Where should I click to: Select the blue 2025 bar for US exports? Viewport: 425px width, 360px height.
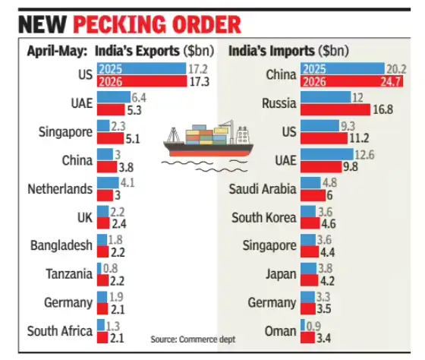[x=141, y=68]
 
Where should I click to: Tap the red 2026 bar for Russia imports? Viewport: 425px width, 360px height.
[x=335, y=109]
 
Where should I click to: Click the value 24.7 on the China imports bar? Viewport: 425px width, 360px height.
[x=390, y=81]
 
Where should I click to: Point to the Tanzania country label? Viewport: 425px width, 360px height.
[x=69, y=273]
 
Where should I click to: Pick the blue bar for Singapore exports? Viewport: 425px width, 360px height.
[x=103, y=126]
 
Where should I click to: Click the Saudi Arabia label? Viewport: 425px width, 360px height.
[x=263, y=189]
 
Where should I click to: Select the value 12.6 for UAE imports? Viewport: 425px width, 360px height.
[x=364, y=155]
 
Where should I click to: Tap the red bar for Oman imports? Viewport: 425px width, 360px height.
[x=307, y=337]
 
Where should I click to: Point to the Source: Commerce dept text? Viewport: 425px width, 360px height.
[x=193, y=339]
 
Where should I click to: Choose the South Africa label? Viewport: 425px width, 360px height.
[x=60, y=331]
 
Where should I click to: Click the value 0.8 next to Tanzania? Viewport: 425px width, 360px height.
[x=111, y=268]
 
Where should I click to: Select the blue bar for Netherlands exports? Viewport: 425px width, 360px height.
[x=108, y=183]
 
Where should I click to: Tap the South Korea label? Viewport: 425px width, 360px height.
[x=264, y=217]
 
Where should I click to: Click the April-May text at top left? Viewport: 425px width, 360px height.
[x=57, y=51]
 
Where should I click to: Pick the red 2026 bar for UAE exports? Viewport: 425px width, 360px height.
[x=111, y=110]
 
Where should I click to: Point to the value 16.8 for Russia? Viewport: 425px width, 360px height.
[x=383, y=109]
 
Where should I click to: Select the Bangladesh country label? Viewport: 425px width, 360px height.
[x=61, y=245]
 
